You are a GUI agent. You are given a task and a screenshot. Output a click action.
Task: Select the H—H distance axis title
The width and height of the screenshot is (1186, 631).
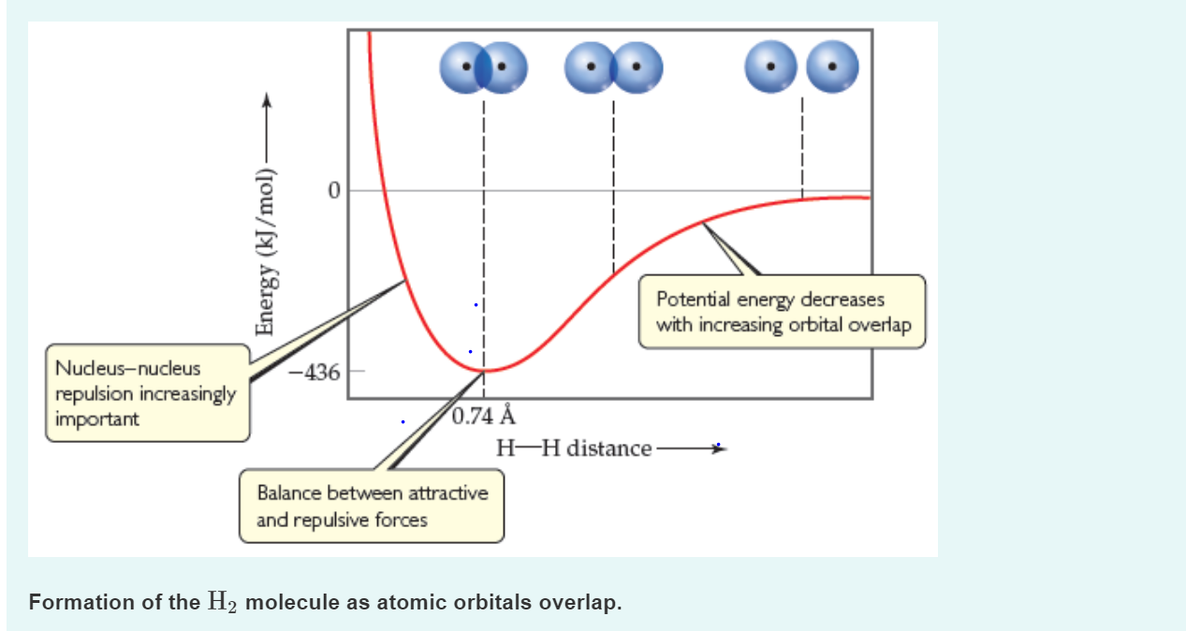coord(574,448)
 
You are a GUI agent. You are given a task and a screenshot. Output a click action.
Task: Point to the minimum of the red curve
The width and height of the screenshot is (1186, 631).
coord(485,372)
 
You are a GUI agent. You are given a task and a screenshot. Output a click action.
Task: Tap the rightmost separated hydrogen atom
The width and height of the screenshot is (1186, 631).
coord(832,68)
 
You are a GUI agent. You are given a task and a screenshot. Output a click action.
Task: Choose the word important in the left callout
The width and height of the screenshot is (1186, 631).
coord(97,418)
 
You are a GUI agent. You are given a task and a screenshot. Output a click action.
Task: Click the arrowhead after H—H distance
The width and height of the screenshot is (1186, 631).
coord(719,449)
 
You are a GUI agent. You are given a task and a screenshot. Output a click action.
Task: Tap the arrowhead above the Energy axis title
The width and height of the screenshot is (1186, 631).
coord(267,99)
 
